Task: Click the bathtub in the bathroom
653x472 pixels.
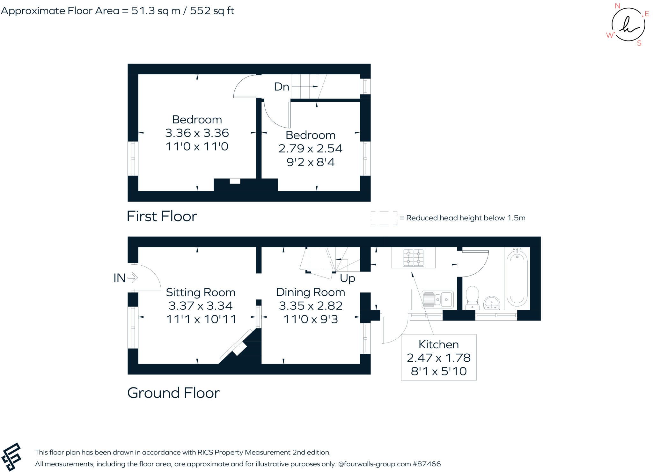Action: (x=517, y=278)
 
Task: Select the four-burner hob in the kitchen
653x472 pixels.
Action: (x=413, y=258)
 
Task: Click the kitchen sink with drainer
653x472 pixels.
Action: (x=438, y=299)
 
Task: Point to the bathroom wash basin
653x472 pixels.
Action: (x=491, y=303)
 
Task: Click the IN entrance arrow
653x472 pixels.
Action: (x=132, y=278)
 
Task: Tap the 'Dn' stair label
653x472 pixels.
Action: (x=282, y=87)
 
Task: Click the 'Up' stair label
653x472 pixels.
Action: (x=347, y=278)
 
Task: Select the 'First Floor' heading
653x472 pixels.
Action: (x=162, y=216)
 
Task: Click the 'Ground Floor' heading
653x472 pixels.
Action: (x=173, y=393)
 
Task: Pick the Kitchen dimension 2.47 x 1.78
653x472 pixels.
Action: (x=438, y=358)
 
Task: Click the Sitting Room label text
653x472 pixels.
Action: (x=201, y=292)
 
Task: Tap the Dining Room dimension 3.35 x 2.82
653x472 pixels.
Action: (x=311, y=306)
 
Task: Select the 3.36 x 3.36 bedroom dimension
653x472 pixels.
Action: (x=197, y=133)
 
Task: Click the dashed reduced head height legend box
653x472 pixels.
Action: (x=384, y=218)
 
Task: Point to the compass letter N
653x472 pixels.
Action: (x=617, y=6)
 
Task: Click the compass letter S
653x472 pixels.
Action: (x=639, y=43)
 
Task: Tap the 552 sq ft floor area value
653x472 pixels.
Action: (x=212, y=11)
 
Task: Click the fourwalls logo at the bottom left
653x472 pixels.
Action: (x=11, y=457)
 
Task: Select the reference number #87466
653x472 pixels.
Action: (x=427, y=464)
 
